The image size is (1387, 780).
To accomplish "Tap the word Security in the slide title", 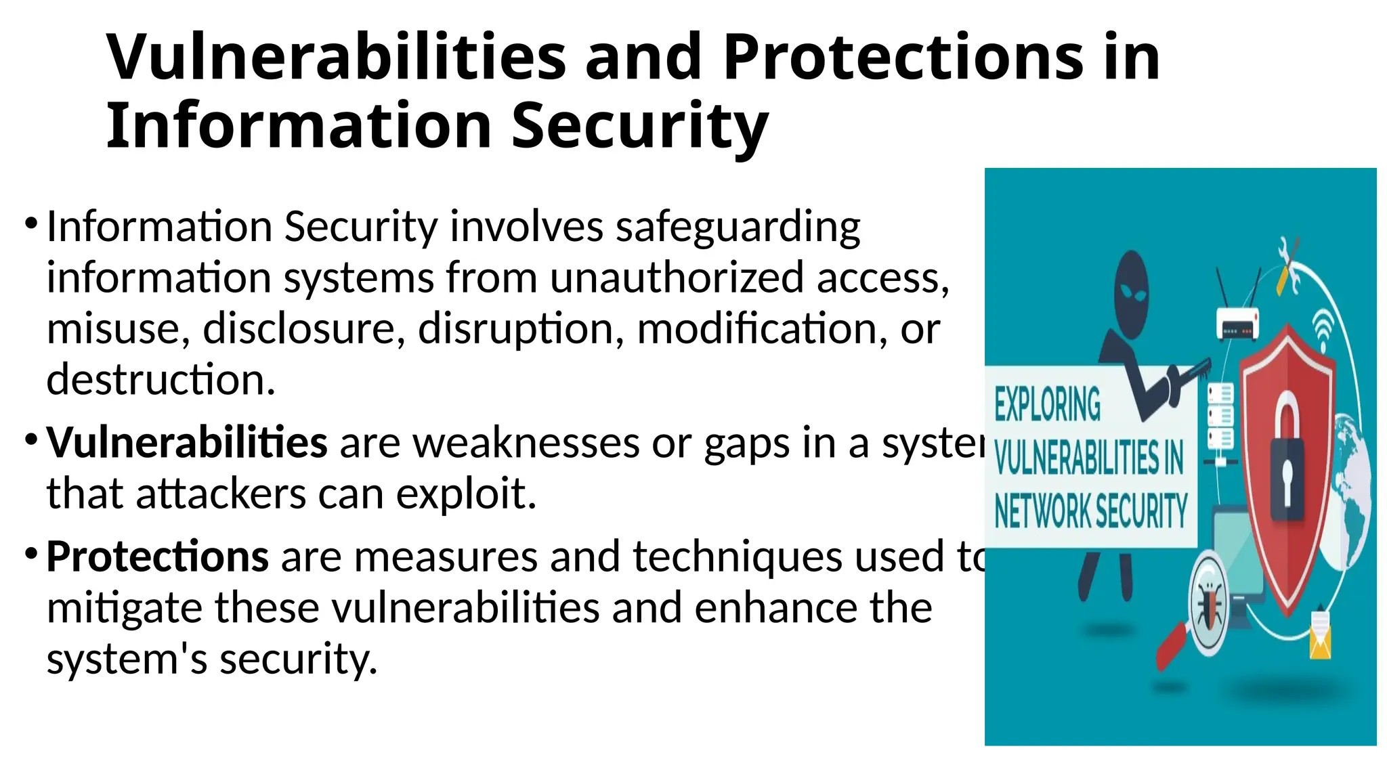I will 639,127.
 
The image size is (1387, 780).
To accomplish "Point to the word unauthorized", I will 677,278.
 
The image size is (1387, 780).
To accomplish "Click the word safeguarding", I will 738,227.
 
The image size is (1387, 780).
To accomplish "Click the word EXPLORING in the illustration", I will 1047,404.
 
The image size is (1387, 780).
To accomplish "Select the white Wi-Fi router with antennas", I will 1239,322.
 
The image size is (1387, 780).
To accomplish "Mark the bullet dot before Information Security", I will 30,223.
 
